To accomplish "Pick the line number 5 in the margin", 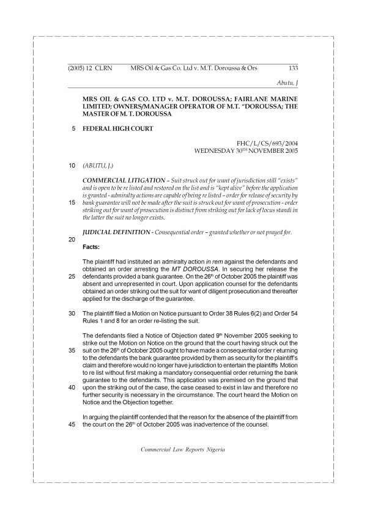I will point(73,128).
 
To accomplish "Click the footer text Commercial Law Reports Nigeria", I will point(183,448).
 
